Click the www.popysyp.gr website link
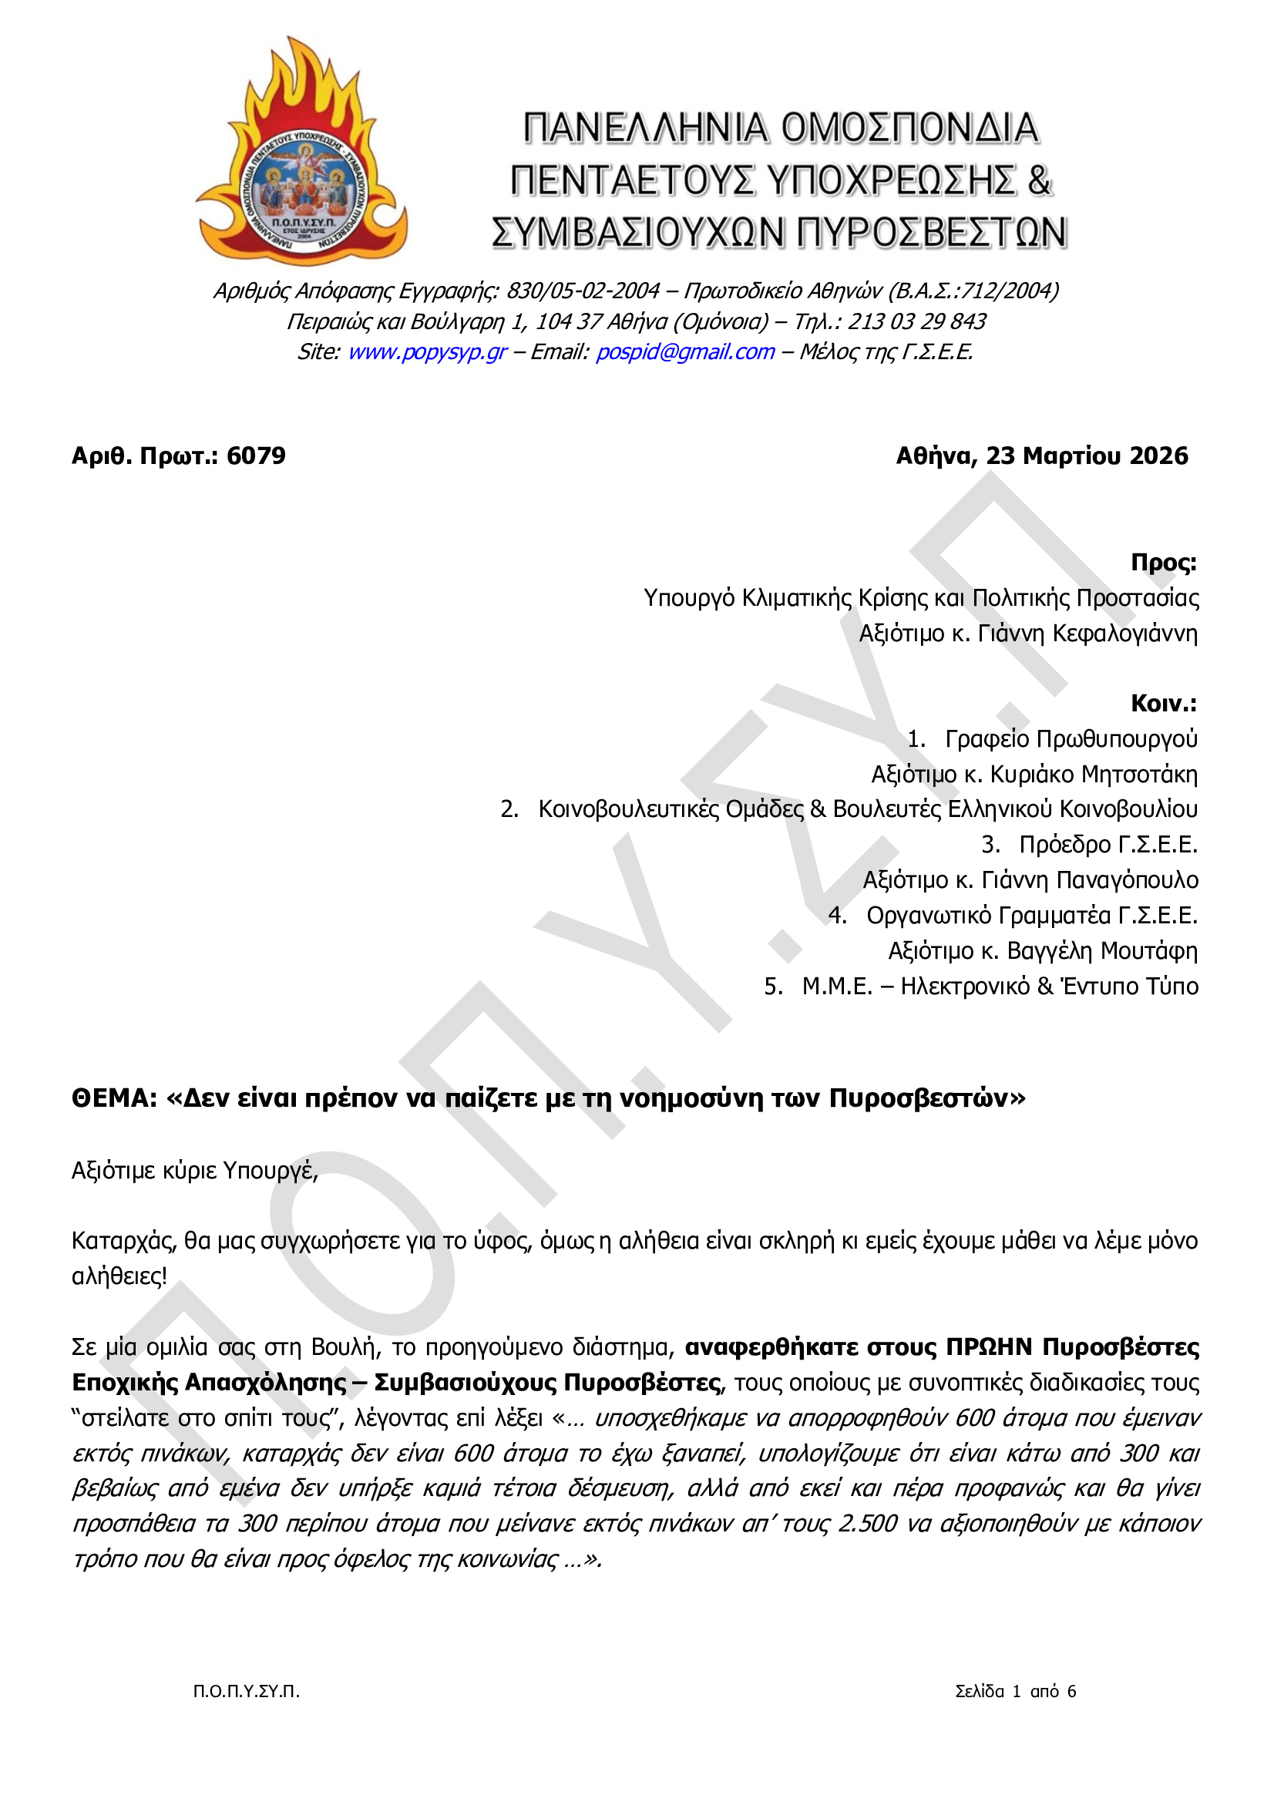click(427, 352)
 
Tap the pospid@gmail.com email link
click(684, 352)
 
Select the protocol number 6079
click(256, 456)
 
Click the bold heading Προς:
click(1163, 563)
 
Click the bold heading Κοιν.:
click(1163, 703)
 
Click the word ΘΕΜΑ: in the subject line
click(115, 1098)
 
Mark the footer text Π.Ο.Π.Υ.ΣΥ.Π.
click(247, 1691)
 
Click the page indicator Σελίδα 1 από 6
click(1015, 1691)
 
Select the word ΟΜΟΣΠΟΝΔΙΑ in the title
click(909, 129)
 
